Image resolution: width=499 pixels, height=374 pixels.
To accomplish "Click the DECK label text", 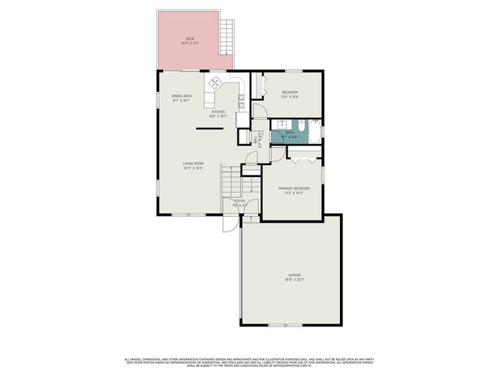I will (189, 39).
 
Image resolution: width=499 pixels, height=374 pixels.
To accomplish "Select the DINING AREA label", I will (182, 96).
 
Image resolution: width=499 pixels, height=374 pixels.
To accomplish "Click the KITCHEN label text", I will (218, 111).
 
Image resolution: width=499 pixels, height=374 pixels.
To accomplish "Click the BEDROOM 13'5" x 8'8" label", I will (290, 93).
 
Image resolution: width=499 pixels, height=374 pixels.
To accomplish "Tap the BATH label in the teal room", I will (289, 132).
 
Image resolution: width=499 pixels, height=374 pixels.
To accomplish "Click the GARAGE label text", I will (294, 275).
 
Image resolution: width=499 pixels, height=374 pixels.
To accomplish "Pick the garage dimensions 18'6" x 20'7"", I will (294, 280).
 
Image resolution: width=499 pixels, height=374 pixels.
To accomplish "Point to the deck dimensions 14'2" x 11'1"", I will (189, 44).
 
